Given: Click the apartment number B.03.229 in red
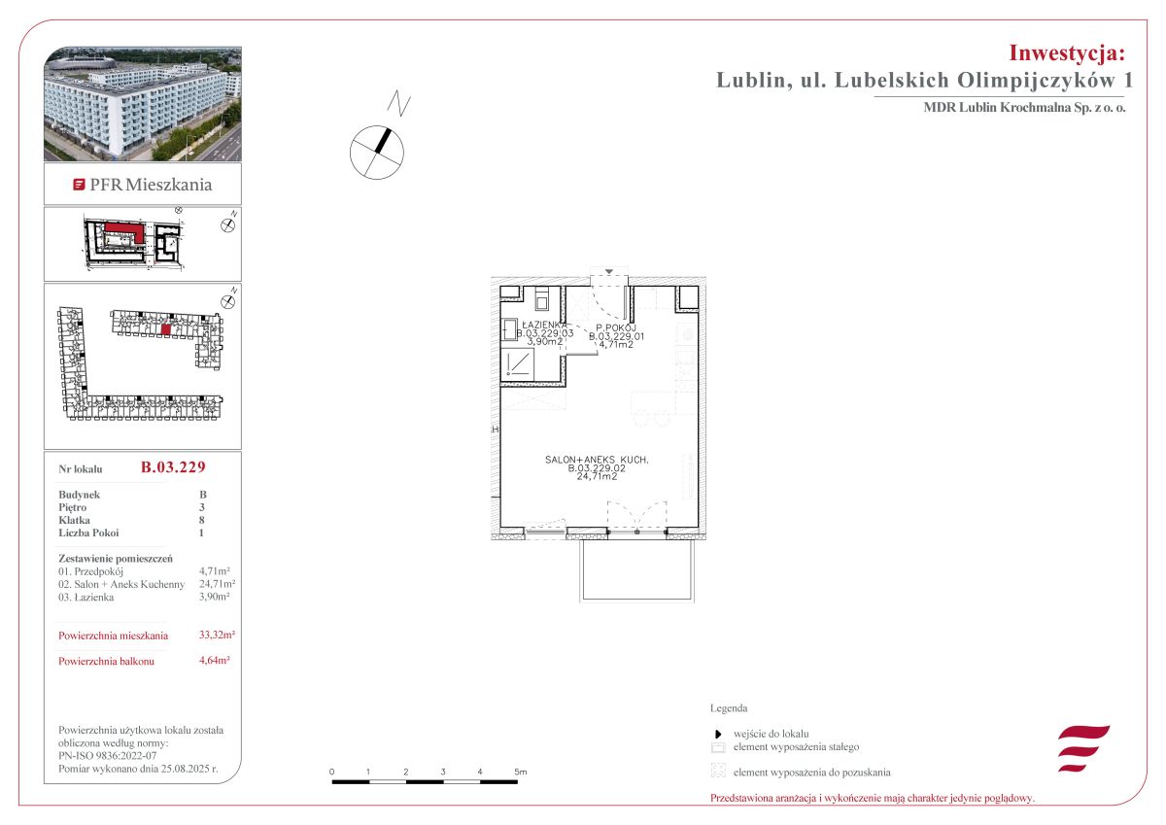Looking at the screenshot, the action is (x=173, y=466).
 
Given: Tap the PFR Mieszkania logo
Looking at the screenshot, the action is (x=143, y=185).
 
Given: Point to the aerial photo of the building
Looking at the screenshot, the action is (x=143, y=104).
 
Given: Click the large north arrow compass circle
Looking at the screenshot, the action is (x=377, y=153).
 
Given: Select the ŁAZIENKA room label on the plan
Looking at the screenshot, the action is (x=545, y=325).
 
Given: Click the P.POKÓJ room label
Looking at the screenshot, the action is (x=616, y=327).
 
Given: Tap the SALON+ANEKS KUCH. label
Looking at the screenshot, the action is (x=597, y=460).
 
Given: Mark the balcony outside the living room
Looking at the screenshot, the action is (x=636, y=569).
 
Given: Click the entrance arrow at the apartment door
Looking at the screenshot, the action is (x=609, y=272).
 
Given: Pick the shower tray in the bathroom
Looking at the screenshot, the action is (x=517, y=362).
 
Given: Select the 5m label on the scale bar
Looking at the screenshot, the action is (x=521, y=772).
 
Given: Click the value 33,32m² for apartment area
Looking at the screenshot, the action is (x=217, y=635).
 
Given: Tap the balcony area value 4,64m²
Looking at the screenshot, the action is (x=215, y=660).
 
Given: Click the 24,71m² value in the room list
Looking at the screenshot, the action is (x=217, y=583).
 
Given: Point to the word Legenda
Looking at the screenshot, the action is (x=729, y=707).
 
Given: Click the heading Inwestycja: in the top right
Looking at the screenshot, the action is (x=1067, y=52).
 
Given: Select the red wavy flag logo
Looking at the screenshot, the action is (x=1083, y=748).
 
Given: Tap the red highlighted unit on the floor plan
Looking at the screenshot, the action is (x=165, y=329).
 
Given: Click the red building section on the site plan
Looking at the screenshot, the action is (x=126, y=231).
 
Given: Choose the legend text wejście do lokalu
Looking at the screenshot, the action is (x=771, y=734).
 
